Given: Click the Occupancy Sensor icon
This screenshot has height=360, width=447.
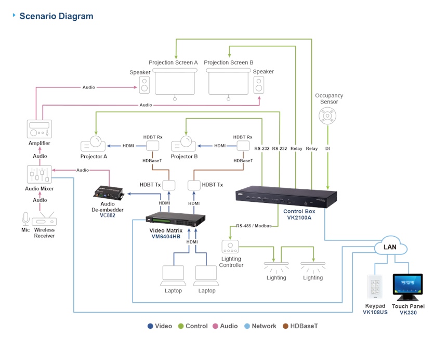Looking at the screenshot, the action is click(327, 116).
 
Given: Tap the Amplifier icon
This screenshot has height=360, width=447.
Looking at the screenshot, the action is click(40, 129).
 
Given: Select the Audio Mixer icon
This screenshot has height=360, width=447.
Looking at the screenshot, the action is click(40, 174).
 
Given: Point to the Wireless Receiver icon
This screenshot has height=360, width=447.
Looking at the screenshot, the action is click(44, 219).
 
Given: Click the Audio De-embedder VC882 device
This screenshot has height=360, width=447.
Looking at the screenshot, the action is click(109, 193).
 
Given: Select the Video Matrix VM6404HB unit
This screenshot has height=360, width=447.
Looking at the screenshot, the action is click(175, 219).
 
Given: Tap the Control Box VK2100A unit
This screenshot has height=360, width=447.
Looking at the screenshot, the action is click(286, 197).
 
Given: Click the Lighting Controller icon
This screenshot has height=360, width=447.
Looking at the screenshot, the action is click(230, 247).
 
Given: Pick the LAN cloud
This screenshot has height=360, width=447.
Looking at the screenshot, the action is click(390, 246).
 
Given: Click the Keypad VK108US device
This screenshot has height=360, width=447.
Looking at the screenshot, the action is click(375, 287).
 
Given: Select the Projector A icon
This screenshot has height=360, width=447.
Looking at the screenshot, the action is click(93, 144).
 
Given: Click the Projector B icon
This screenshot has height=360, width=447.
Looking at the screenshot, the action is click(183, 144).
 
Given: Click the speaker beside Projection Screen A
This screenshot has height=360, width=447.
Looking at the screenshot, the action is click(144, 85).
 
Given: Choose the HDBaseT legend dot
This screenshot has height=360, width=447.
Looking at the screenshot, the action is click(285, 326).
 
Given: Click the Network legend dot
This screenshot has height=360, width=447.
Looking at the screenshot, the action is click(247, 326).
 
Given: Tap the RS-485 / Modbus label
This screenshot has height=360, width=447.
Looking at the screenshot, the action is click(254, 226).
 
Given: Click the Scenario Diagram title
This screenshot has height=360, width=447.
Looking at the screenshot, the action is click(56, 16).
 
